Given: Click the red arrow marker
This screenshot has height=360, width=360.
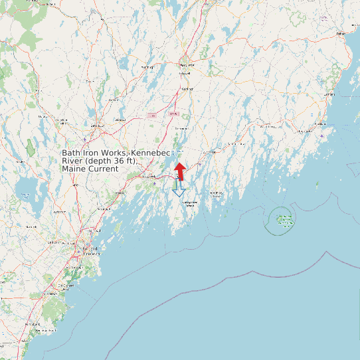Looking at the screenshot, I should point(180,169).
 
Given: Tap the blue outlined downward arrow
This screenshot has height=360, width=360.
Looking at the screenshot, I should point(179,188).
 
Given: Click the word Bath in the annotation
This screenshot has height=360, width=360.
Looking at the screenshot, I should point(71,153).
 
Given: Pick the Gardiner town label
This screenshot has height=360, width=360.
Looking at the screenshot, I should point(187,89).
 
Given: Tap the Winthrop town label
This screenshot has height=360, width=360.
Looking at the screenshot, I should point(147,68).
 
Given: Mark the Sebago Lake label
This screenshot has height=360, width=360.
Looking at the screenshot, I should point(25,195).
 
